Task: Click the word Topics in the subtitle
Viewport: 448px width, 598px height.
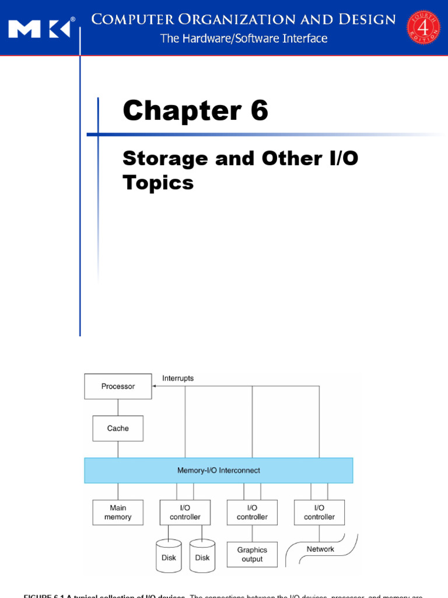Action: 158,183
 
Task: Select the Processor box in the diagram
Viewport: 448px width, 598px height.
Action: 118,387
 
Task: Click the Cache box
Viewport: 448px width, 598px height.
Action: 118,429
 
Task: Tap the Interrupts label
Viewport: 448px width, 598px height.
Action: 178,378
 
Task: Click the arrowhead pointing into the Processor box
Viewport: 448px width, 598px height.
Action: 154,386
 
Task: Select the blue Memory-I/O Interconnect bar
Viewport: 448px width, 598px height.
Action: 219,470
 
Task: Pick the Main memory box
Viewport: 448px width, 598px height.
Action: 118,512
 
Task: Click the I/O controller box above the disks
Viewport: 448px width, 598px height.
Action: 185,512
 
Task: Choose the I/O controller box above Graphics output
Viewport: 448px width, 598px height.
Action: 252,512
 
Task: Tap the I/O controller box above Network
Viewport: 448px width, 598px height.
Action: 319,512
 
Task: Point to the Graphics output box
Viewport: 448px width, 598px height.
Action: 252,554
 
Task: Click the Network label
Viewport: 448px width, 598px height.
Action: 320,550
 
